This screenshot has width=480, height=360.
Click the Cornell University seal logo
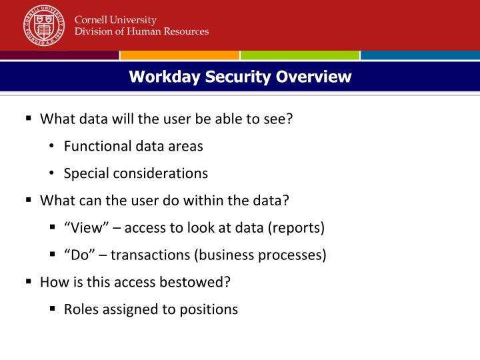click(x=43, y=25)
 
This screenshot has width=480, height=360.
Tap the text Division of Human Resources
click(x=141, y=31)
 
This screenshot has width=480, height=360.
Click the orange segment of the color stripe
click(x=179, y=55)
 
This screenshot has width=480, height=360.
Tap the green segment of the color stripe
click(x=299, y=55)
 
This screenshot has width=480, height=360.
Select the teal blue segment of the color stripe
click(x=420, y=55)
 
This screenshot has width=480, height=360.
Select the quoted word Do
click(x=78, y=255)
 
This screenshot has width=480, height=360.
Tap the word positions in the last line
click(x=209, y=309)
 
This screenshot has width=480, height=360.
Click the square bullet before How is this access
click(x=29, y=281)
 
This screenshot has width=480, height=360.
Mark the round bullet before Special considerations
click(x=52, y=173)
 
